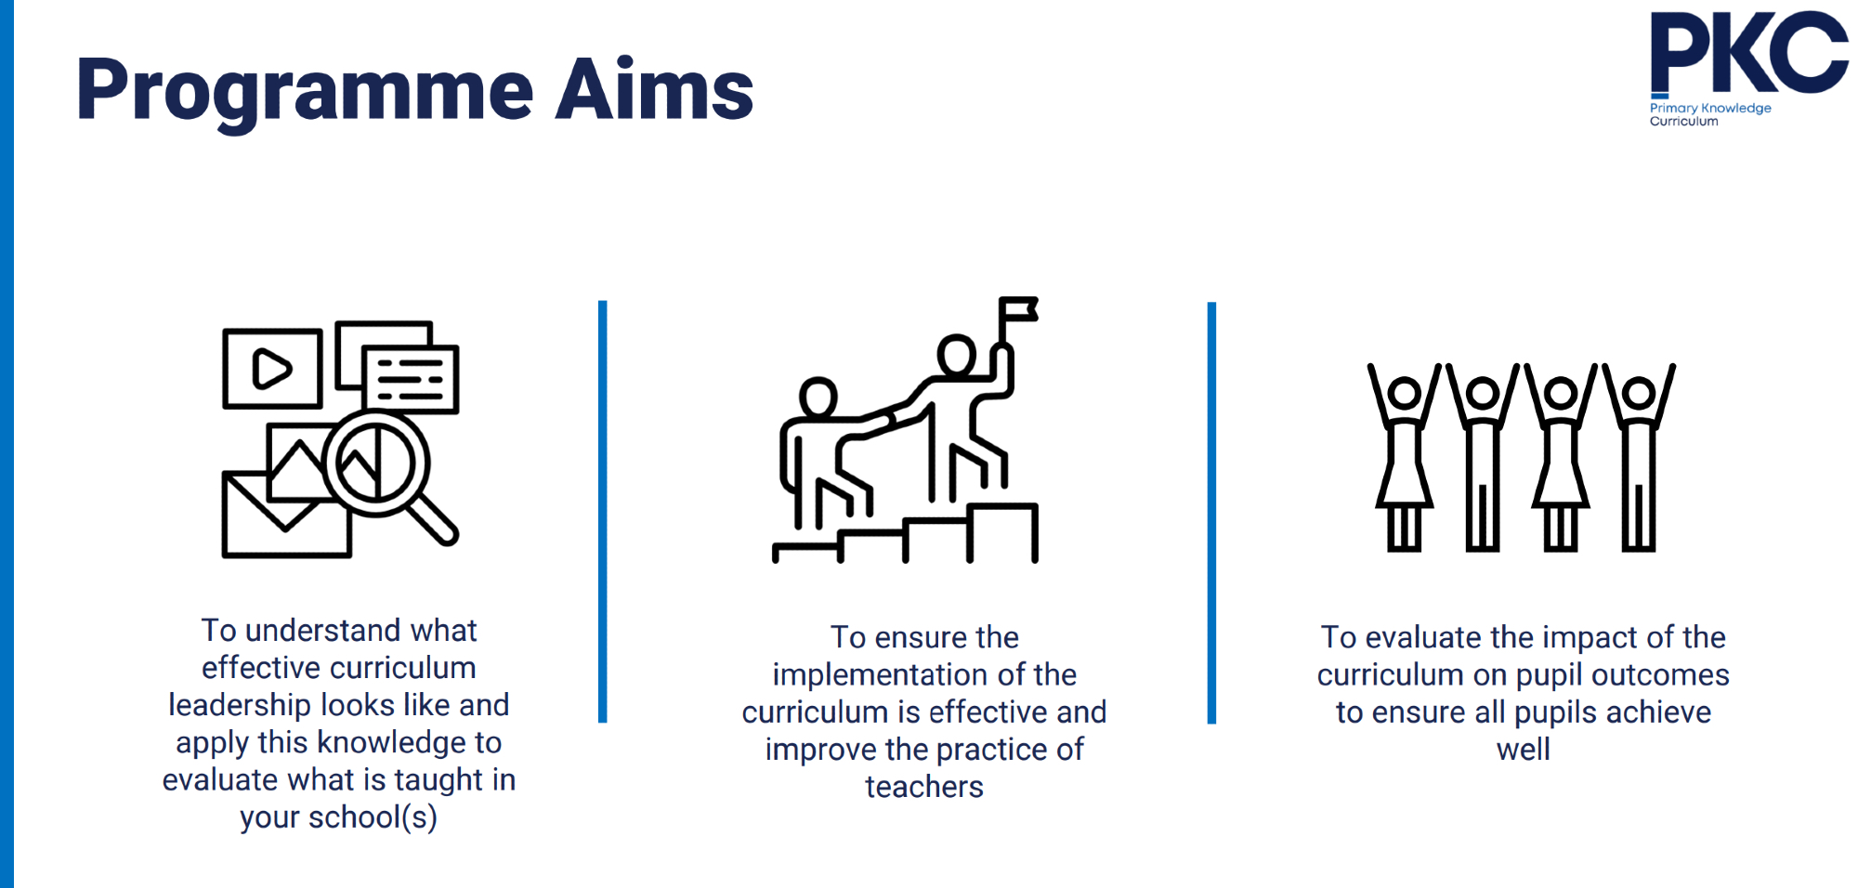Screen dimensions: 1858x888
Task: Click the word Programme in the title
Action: pyautogui.click(x=305, y=91)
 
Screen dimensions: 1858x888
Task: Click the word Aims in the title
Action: pyautogui.click(x=654, y=89)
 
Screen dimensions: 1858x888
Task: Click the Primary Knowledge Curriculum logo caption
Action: pyautogui.click(x=1709, y=114)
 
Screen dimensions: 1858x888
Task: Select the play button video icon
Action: pyautogui.click(x=272, y=369)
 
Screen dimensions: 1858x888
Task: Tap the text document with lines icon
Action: pyautogui.click(x=410, y=379)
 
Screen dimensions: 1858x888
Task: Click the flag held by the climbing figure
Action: pyautogui.click(x=1018, y=309)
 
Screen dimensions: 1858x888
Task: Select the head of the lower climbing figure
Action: pyautogui.click(x=818, y=398)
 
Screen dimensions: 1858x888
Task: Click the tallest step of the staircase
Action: pyautogui.click(x=1002, y=532)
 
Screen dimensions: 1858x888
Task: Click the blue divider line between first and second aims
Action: pyautogui.click(x=603, y=511)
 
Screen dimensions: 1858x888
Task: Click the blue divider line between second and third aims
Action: pyautogui.click(x=1211, y=513)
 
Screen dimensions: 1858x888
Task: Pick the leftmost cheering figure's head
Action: pyautogui.click(x=1405, y=392)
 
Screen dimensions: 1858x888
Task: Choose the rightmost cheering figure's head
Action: pyautogui.click(x=1639, y=392)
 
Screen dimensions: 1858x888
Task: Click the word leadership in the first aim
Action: pyautogui.click(x=240, y=706)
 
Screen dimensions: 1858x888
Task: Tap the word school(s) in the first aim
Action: pyautogui.click(x=373, y=817)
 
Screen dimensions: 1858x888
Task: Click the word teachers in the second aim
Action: pyautogui.click(x=924, y=787)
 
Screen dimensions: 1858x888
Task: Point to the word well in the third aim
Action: pyautogui.click(x=1524, y=749)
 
